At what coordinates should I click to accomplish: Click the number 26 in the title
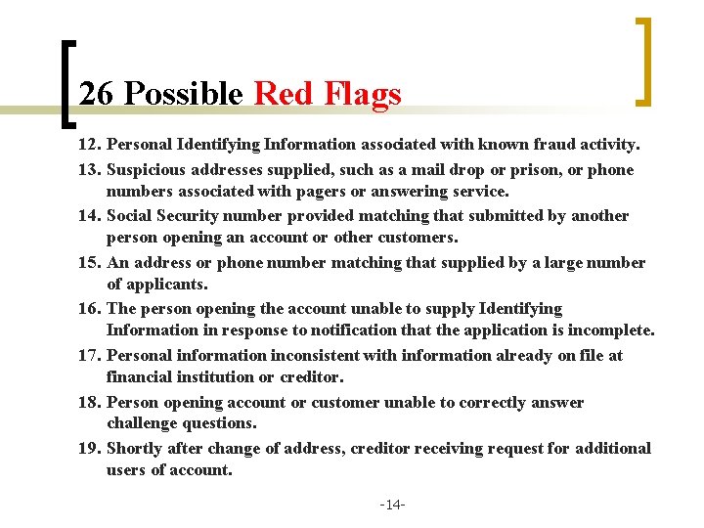[x=98, y=94]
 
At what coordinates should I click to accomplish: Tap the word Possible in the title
[x=184, y=94]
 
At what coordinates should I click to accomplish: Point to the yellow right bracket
[x=643, y=61]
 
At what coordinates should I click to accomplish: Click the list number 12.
[x=90, y=145]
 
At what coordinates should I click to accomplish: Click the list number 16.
[x=90, y=309]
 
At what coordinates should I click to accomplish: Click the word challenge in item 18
[x=145, y=423]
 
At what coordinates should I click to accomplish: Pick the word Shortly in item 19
[x=137, y=449]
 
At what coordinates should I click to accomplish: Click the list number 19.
[x=90, y=449]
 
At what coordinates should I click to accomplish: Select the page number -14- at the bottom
[x=393, y=505]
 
